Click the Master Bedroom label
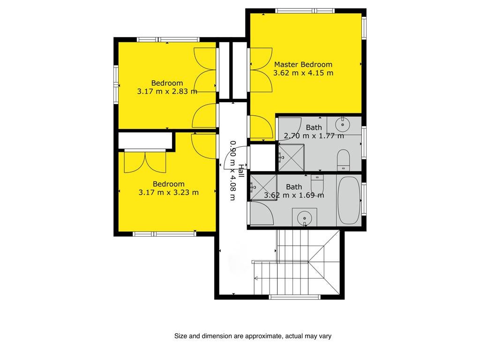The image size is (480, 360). point(303,65)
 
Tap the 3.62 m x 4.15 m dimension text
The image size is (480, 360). point(303,73)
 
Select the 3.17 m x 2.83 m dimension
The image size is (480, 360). point(167,91)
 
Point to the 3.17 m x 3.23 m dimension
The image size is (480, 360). point(169,193)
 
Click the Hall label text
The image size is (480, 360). point(241,171)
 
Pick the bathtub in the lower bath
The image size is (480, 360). point(349,200)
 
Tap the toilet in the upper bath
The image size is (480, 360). point(343,160)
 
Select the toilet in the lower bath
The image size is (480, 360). point(317,184)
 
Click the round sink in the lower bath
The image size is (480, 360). point(305,217)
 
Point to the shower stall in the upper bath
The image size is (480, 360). point(291,157)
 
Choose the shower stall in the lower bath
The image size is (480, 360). point(263,187)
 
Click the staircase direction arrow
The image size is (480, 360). point(256,278)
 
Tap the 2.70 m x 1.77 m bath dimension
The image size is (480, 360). point(314,135)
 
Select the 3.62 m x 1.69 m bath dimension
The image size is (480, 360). point(294,195)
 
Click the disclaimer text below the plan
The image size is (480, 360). point(253,336)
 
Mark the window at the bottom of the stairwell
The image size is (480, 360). point(294,297)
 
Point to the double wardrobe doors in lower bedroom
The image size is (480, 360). point(145,162)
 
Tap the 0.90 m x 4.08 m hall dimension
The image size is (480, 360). point(233,171)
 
